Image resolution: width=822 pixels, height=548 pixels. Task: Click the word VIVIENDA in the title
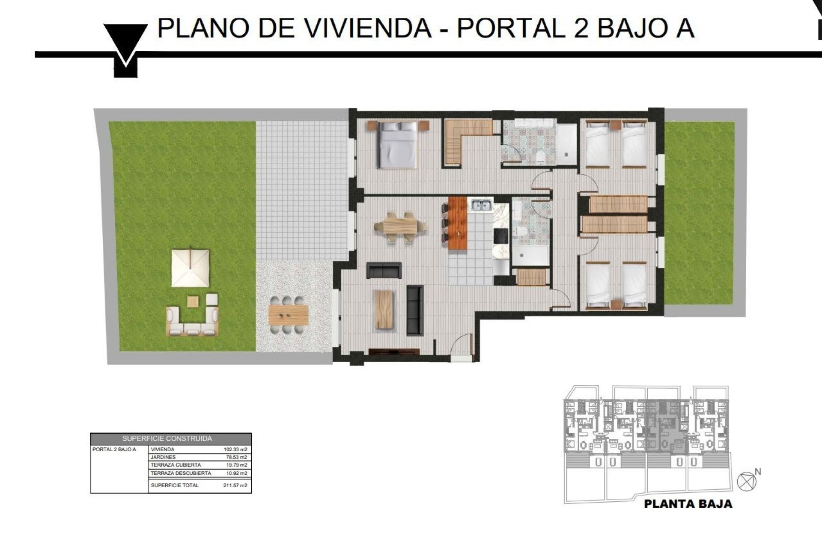(x=368, y=28)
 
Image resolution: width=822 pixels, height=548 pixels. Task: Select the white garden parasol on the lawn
(x=191, y=268)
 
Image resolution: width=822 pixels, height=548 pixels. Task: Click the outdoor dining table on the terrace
(x=289, y=315)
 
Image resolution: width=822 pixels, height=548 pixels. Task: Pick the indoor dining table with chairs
(x=400, y=227)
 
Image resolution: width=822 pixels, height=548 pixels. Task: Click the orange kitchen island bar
(x=458, y=224)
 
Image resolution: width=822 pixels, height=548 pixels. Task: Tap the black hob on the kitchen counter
(x=500, y=235)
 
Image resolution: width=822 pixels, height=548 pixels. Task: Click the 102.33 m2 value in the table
(x=235, y=450)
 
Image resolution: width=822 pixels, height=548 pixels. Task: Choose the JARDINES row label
(x=163, y=457)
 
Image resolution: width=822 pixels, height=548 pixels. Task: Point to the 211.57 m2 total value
(x=235, y=485)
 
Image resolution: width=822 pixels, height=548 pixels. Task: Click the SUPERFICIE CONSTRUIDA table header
(x=167, y=438)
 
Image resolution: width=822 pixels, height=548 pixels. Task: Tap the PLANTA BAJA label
(x=688, y=504)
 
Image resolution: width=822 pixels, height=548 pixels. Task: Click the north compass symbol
(x=747, y=481)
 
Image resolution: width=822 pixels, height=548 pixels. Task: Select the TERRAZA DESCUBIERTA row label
(x=181, y=473)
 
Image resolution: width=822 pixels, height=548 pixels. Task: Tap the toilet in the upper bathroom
(x=540, y=157)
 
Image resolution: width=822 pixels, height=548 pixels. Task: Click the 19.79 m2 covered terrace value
(x=235, y=465)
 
